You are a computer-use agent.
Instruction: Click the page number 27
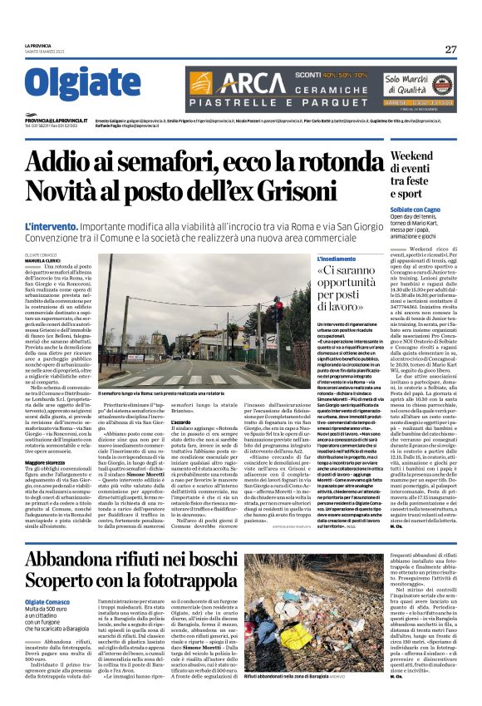tap(450, 49)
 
